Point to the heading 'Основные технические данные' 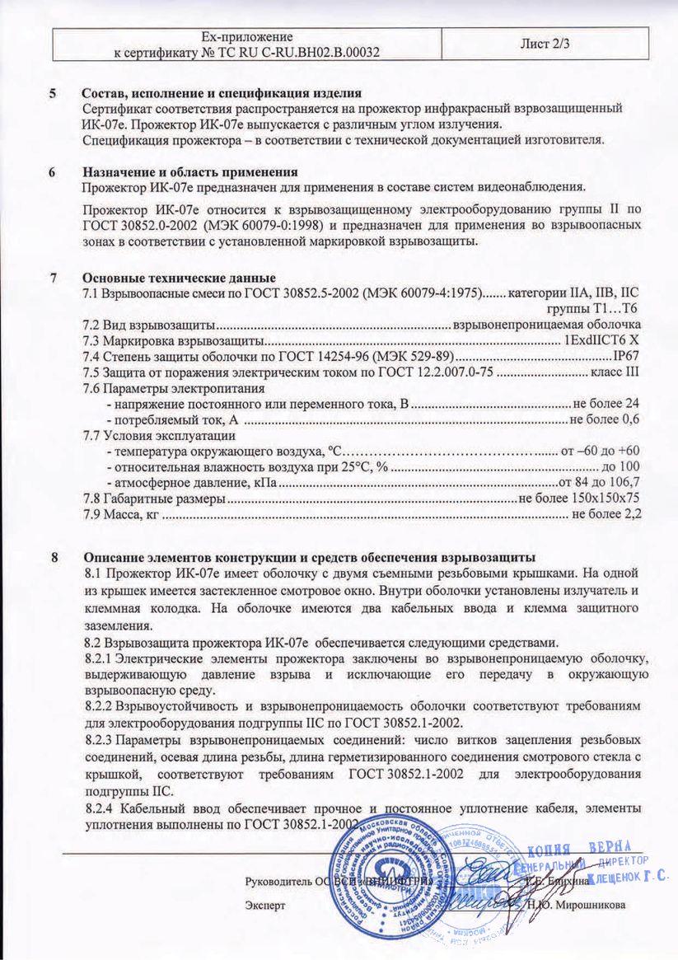click(179, 278)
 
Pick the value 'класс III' click(615, 372)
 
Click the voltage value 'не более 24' click(606, 404)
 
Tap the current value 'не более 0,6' click(605, 419)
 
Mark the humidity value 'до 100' click(621, 466)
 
